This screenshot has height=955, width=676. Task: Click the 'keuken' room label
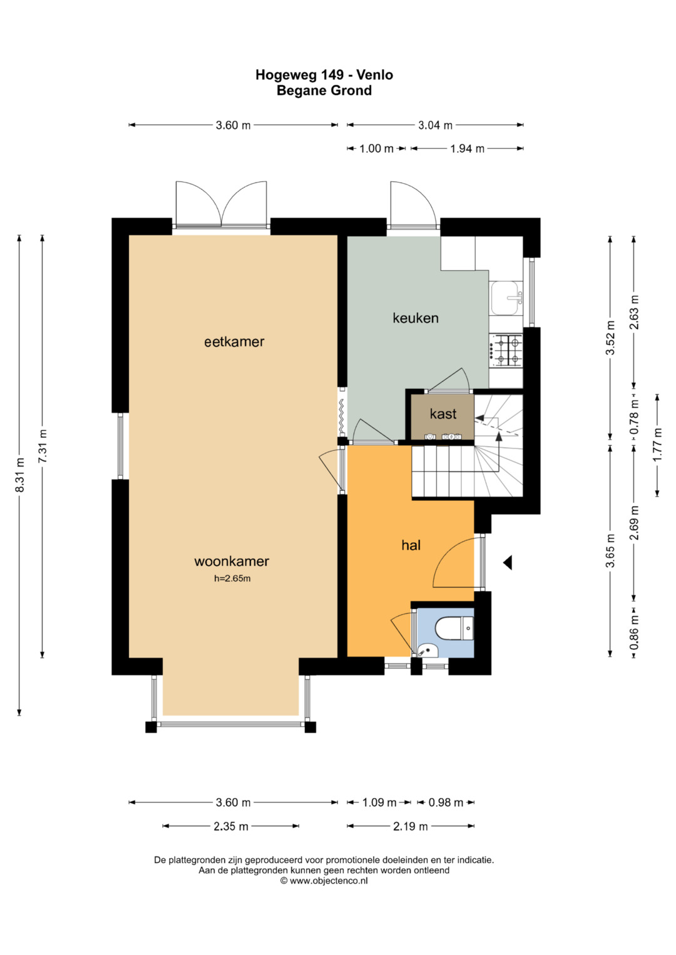415,318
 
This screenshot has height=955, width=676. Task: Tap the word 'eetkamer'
234,341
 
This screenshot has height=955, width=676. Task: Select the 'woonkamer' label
232,561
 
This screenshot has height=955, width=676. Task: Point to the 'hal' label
411,545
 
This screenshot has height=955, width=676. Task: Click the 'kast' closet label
443,413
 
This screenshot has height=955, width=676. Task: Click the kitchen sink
506,298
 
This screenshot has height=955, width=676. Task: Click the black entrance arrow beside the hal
508,563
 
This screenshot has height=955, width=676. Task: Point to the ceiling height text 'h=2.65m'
232,579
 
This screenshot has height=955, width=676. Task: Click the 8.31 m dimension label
19,475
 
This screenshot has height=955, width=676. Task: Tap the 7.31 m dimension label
43,446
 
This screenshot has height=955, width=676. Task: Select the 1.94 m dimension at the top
468,148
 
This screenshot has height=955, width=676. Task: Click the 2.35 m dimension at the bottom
231,826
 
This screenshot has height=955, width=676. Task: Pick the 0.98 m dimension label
446,802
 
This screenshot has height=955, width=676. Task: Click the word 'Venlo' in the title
375,74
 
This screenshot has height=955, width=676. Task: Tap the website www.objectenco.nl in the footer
329,881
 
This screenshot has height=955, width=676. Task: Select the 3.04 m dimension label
435,125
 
